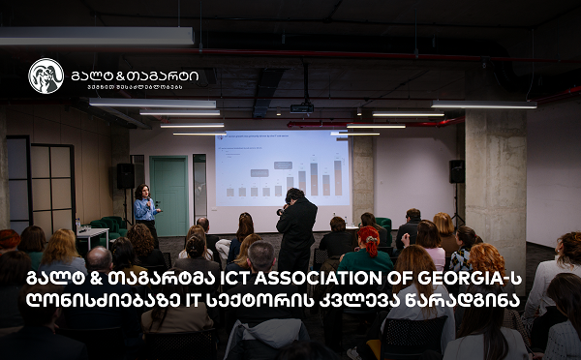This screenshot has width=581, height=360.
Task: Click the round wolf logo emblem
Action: point(46,75)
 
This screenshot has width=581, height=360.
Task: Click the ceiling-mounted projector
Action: point(301,107)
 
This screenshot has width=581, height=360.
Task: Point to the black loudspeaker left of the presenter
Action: point(126,175)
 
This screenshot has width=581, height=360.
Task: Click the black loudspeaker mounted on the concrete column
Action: point(457,171)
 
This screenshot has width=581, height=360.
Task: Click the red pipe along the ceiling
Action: point(407,122)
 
